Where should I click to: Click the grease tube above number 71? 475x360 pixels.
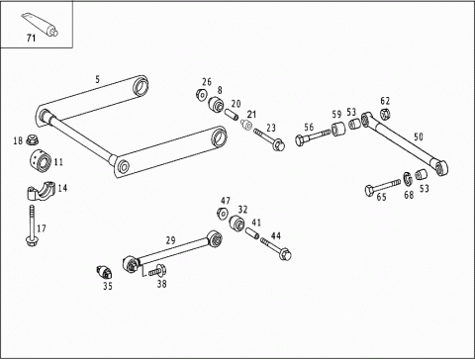[x=40, y=24]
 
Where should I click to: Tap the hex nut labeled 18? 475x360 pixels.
[x=32, y=139]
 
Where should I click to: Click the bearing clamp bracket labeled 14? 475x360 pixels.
[x=40, y=190]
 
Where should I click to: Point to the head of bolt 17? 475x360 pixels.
[x=31, y=241]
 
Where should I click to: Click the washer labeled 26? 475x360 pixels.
[x=201, y=95]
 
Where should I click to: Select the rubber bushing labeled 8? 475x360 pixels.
[x=216, y=104]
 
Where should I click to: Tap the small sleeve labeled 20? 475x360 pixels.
[x=232, y=115]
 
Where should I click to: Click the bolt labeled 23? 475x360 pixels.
[x=269, y=139]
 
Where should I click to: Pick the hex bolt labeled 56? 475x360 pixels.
[x=313, y=136]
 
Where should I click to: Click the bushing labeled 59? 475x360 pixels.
[x=337, y=129]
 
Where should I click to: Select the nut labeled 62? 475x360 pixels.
[x=385, y=114]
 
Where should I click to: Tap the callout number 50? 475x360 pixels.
[x=419, y=136]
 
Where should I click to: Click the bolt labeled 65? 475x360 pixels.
[x=383, y=187]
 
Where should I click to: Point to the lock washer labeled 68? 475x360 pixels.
[x=408, y=178]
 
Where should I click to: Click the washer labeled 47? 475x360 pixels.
[x=223, y=213]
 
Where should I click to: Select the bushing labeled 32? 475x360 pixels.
[x=237, y=224]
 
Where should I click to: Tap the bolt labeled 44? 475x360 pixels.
[x=276, y=248]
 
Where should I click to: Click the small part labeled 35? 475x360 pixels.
[x=105, y=272]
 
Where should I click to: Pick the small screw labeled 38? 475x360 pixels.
[x=157, y=271]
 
